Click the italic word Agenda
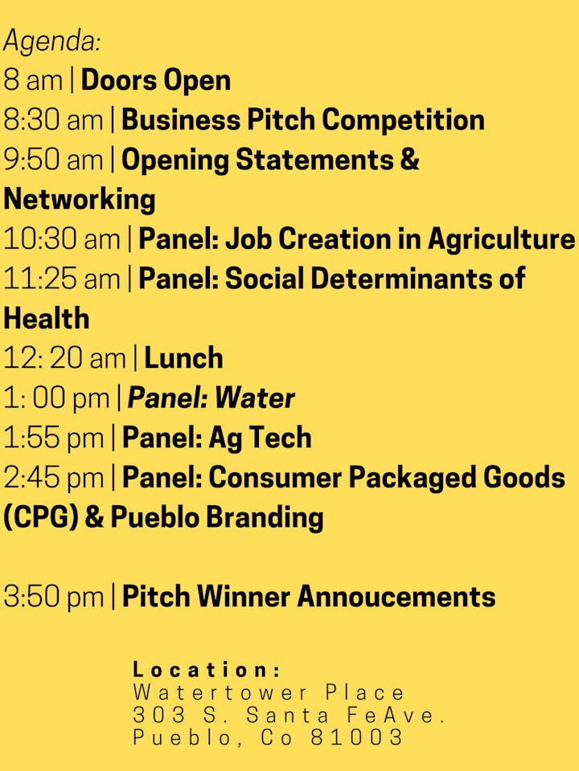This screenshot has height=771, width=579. coord(51,41)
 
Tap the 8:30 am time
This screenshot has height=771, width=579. coord(53,120)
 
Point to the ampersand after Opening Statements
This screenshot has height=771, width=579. coord(409,160)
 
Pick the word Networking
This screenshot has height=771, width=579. coord(80,200)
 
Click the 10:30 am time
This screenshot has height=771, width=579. coord(62,239)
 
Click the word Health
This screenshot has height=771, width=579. coord(47,318)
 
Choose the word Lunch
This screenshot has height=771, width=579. coord(183,358)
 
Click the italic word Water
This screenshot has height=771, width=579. coord(255,398)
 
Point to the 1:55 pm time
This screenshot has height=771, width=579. coord(53,438)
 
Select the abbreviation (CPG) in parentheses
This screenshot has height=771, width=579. coord(41,518)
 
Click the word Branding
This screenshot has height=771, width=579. coord(265,519)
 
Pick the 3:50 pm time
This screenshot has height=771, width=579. coord(53,597)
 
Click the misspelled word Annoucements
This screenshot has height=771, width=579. coord(396,597)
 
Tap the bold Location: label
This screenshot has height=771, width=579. coord(207,670)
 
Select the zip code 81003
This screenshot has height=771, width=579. coord(356,737)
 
